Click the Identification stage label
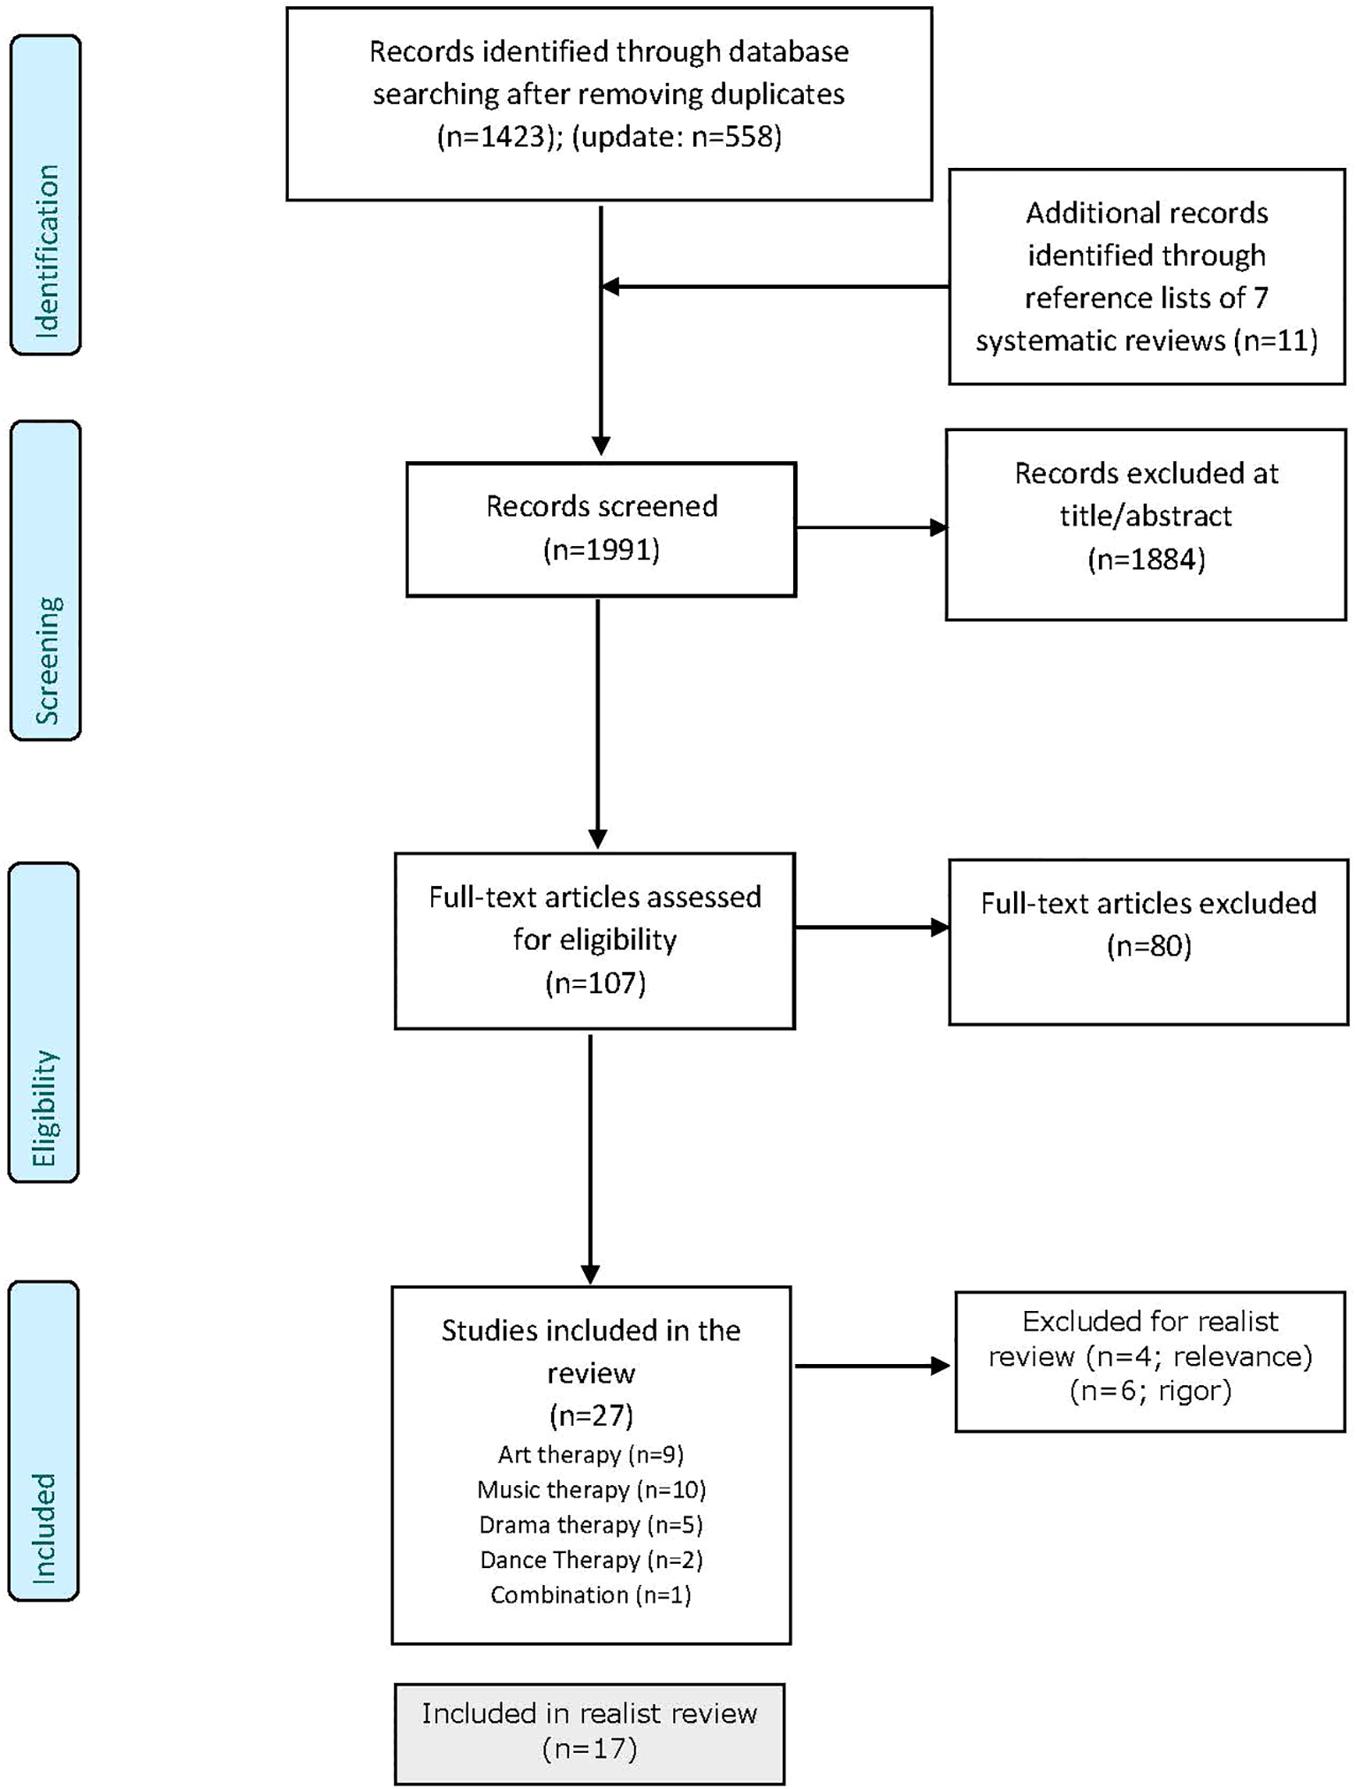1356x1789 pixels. coord(45,195)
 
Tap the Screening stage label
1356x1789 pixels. coord(45,580)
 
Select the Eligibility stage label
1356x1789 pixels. coord(43,1022)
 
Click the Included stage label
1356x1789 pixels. coord(43,1441)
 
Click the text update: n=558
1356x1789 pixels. coord(676,137)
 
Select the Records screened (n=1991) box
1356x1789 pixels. coord(601,528)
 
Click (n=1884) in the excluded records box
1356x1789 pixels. coord(1146,559)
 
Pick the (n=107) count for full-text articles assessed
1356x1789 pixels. coord(595,982)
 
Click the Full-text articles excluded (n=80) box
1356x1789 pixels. coord(1148,942)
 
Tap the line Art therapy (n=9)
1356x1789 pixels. coord(590,1454)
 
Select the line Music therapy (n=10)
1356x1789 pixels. coord(591,1490)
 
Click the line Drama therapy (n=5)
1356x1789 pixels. coord(590,1525)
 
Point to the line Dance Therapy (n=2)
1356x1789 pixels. coord(590,1560)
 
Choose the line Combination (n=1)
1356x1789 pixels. coord(590,1596)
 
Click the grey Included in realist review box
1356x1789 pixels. coord(589,1733)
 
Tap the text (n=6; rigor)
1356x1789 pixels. coord(1149,1391)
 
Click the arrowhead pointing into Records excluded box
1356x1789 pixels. coord(938,528)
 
